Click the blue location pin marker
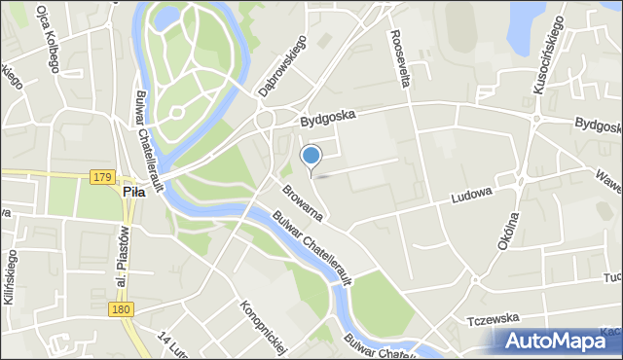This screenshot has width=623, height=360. point(311,156)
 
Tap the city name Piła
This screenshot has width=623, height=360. point(133,193)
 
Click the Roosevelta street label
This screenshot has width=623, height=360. point(400,59)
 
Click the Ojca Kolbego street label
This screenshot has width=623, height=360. point(47,40)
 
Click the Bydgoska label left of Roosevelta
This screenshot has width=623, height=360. point(329,119)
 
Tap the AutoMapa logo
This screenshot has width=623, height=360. point(556,341)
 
